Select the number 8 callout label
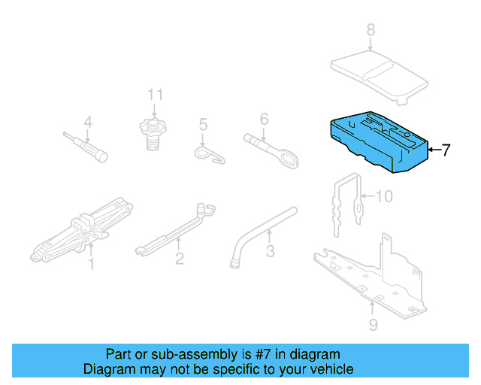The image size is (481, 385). [370, 30]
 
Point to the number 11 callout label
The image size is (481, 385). [155, 95]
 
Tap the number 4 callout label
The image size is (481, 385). [87, 122]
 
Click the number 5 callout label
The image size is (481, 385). [202, 124]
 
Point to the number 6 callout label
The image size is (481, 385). [264, 119]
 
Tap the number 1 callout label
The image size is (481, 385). [91, 264]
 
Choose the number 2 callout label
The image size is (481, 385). [179, 259]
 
